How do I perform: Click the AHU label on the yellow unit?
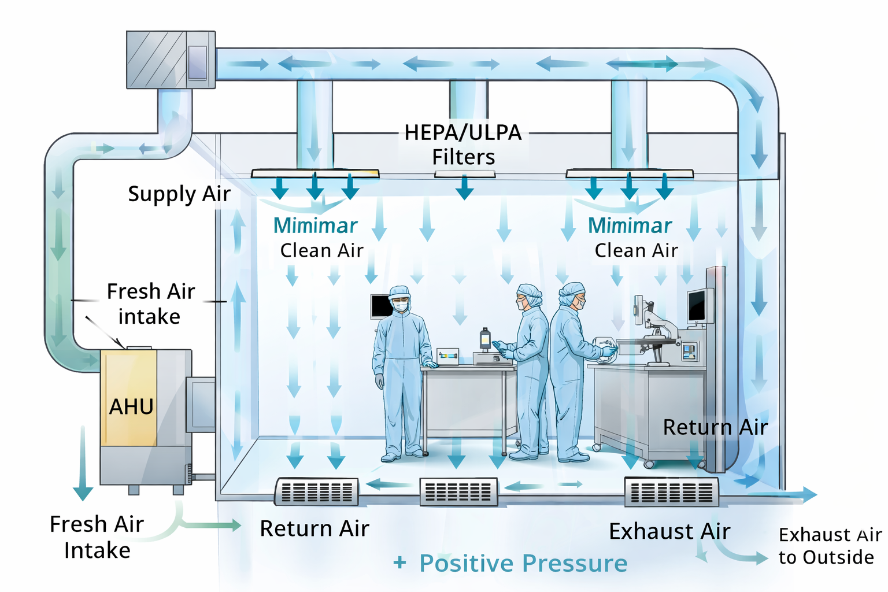131,407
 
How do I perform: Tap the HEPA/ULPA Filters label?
463,145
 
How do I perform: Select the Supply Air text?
179,194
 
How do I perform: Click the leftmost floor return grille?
317,492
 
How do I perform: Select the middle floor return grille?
458,492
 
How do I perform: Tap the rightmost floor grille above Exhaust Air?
671,492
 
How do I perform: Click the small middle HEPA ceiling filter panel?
465,174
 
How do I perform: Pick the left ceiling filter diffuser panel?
315,173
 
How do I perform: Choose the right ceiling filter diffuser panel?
630,173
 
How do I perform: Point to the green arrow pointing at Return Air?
214,525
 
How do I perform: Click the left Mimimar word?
315,225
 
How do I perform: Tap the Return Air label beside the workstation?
715,427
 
